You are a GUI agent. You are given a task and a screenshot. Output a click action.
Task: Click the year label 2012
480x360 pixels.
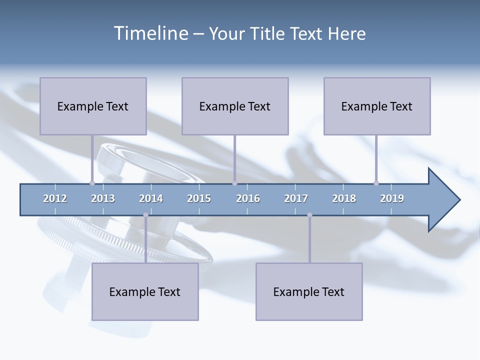pos(55,198)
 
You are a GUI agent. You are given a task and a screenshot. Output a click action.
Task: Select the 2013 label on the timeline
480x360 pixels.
pos(103,198)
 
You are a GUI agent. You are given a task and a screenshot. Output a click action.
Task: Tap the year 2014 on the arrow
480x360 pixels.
pos(151,198)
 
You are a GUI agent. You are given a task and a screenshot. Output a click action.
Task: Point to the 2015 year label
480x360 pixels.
pos(199,198)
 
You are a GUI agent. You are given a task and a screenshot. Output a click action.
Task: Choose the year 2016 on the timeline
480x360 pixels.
pos(248,198)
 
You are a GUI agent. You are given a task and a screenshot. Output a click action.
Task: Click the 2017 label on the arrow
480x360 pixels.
pos(296,198)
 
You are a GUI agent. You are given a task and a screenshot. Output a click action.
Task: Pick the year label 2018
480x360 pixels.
pos(344,198)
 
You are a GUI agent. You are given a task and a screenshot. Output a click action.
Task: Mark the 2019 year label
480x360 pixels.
pos(392,198)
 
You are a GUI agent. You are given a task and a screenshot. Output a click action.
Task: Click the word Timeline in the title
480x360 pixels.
pos(150,33)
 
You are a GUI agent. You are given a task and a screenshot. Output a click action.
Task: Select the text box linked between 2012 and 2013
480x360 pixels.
pos(93,106)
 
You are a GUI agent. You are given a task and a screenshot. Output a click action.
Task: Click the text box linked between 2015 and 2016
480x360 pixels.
pos(235,106)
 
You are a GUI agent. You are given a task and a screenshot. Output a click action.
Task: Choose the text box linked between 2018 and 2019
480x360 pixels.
pos(377,106)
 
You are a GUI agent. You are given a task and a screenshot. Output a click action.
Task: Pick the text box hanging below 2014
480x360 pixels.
pos(145,291)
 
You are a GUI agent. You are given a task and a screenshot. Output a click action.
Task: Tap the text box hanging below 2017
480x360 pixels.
pos(309,291)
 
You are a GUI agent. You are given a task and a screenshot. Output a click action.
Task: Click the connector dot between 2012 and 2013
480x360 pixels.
pos(92,183)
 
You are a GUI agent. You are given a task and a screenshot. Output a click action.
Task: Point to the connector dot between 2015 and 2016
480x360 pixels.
pos(234,183)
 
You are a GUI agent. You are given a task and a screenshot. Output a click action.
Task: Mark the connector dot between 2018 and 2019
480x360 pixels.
pos(376,183)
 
